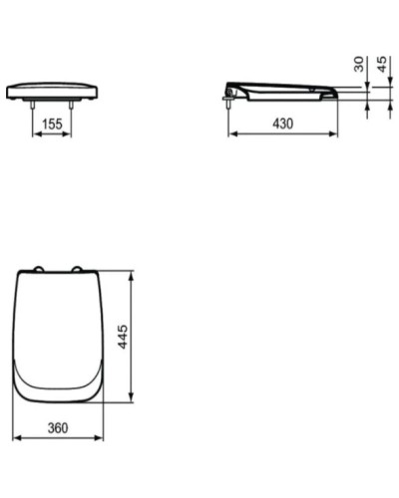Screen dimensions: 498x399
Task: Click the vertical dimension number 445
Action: pos(120,337)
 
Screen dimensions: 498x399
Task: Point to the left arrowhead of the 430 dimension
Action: pos(231,132)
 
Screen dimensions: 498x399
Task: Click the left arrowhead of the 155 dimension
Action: pos(37,134)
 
